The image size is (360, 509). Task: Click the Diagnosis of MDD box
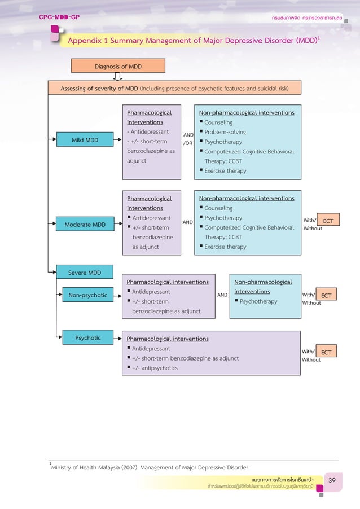tap(118, 66)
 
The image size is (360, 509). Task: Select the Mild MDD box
tap(84, 141)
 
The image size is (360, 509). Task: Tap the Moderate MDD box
tap(84, 225)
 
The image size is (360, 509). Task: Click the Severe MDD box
tap(85, 273)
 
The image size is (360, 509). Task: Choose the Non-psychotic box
tap(87, 295)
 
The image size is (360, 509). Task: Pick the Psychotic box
tap(87, 338)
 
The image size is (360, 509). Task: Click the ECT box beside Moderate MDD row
tap(328, 221)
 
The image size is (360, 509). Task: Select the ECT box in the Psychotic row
tap(326, 352)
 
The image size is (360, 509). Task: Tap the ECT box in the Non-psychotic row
tap(326, 295)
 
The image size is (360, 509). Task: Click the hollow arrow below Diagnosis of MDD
tap(118, 77)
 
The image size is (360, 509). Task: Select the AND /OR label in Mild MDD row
tap(188, 139)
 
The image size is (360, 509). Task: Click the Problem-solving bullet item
tap(225, 132)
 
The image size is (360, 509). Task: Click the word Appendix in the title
tap(83, 41)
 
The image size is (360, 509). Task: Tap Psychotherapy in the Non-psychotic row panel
tap(258, 301)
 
